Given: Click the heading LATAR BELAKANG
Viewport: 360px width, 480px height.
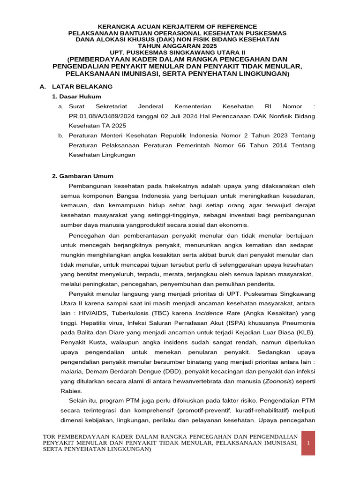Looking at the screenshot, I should click(82, 87).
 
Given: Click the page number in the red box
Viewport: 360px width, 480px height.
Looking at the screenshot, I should click(308, 443).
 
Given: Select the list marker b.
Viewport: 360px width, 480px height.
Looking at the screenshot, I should click(61, 135).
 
